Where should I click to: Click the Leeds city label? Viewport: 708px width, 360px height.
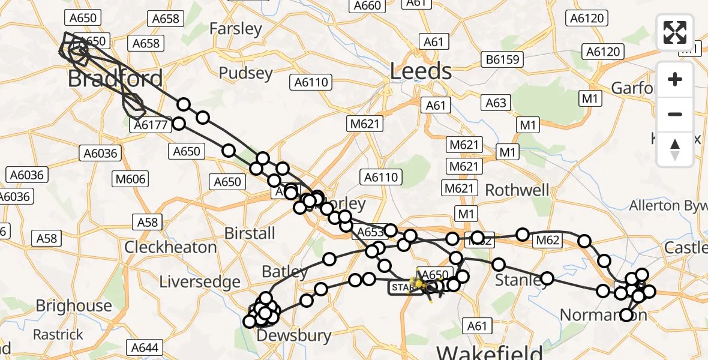[x=421, y=71]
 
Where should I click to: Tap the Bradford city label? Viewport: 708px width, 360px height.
[x=115, y=79]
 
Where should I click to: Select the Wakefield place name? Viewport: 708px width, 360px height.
[x=490, y=352]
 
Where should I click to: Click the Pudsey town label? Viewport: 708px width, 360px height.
[x=245, y=73]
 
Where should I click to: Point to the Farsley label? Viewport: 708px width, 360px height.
[x=236, y=29]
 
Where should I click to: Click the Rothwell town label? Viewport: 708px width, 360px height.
[x=517, y=191]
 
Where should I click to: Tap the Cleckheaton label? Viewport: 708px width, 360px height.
[x=170, y=247]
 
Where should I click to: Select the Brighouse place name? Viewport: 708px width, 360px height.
[x=74, y=306]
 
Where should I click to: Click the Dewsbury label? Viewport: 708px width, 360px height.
[x=294, y=336]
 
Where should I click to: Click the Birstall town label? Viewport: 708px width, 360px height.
[x=250, y=233]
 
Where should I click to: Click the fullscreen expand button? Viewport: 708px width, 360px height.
[x=675, y=32]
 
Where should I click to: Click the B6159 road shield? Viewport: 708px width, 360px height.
[x=503, y=59]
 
